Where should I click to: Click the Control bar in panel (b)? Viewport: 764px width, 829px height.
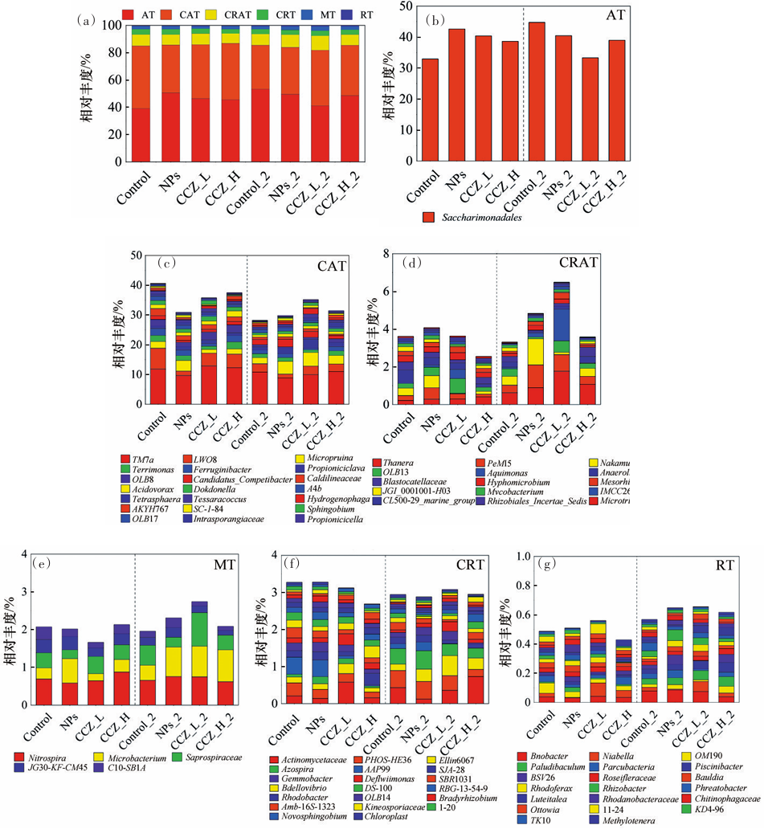click(430, 110)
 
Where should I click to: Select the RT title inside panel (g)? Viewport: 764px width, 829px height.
click(728, 565)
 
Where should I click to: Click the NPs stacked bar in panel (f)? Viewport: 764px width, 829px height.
click(319, 643)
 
